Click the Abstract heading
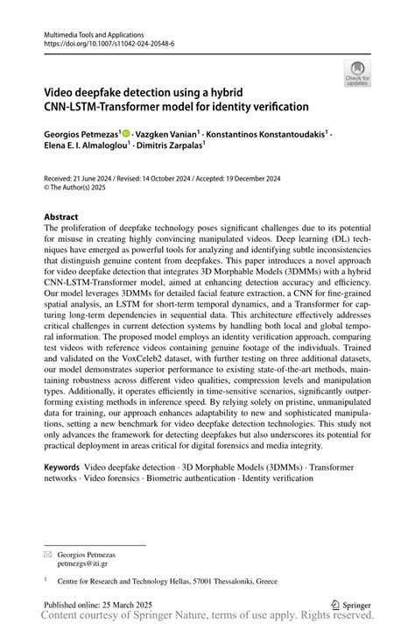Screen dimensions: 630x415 (65, 216)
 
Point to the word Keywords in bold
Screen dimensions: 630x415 (67, 468)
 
